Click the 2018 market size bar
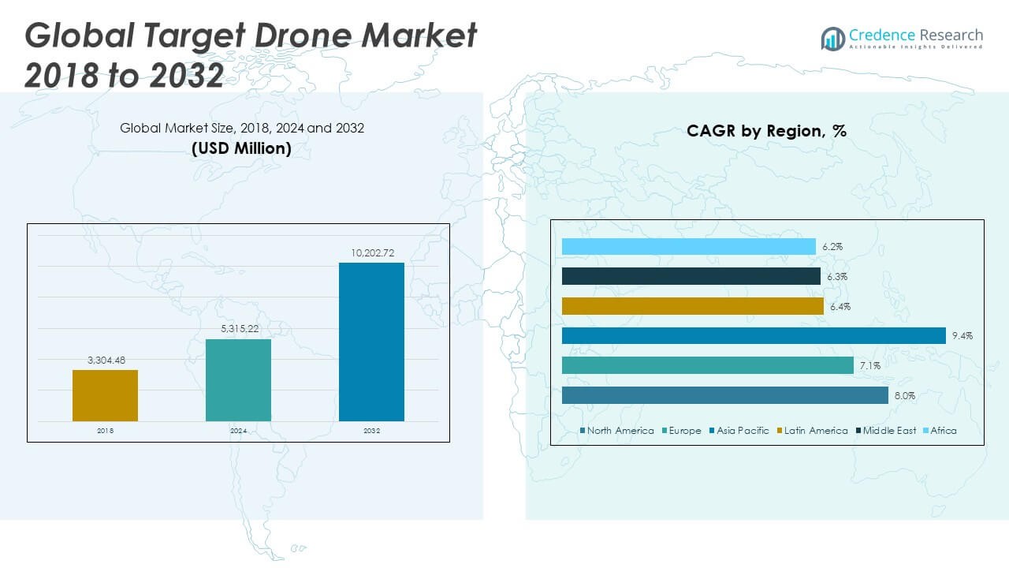tap(105, 395)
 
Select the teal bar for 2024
tap(238, 380)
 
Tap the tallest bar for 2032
tap(371, 342)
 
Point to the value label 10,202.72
tap(371, 252)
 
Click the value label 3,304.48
tap(105, 360)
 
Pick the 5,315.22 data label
tap(238, 329)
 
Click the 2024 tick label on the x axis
tap(238, 431)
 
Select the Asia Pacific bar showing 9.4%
tap(754, 336)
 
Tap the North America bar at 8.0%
tap(726, 396)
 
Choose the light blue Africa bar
tap(689, 247)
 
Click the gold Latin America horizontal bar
tap(692, 306)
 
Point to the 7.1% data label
tap(870, 366)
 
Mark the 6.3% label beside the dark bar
tap(838, 277)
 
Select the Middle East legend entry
tap(888, 431)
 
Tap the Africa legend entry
tap(943, 431)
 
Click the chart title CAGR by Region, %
tap(766, 131)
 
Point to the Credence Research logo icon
tap(832, 39)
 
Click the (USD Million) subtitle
tap(241, 148)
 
